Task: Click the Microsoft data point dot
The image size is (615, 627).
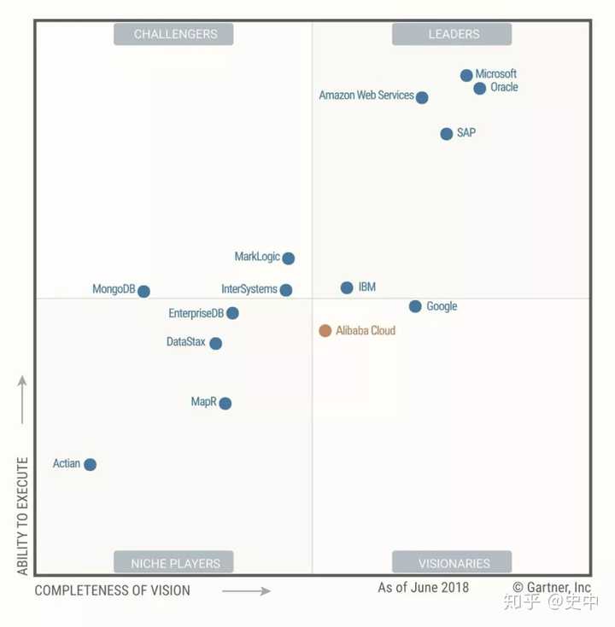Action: (466, 75)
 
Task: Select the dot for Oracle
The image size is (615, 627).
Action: (480, 88)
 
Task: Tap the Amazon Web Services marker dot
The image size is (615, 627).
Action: (422, 97)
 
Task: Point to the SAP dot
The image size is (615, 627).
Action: (447, 134)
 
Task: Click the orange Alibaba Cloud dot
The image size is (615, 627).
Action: (325, 331)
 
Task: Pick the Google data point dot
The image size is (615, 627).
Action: (415, 306)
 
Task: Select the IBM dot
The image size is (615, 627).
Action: (347, 287)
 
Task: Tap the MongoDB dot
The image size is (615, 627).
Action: (143, 291)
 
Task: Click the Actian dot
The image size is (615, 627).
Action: (90, 464)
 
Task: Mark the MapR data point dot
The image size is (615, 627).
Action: (225, 403)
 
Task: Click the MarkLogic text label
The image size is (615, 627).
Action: (257, 257)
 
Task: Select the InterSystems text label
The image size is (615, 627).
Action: (249, 289)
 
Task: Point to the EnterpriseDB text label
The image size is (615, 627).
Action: (196, 313)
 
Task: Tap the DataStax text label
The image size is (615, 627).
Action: (186, 342)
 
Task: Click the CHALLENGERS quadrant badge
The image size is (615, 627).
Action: (173, 34)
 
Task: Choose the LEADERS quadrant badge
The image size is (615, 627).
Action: (452, 34)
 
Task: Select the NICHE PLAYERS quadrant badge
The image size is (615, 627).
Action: (173, 562)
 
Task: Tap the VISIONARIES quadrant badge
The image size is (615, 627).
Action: (452, 562)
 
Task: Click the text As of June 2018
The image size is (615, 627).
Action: (423, 588)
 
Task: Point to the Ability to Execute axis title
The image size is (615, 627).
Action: (22, 516)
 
